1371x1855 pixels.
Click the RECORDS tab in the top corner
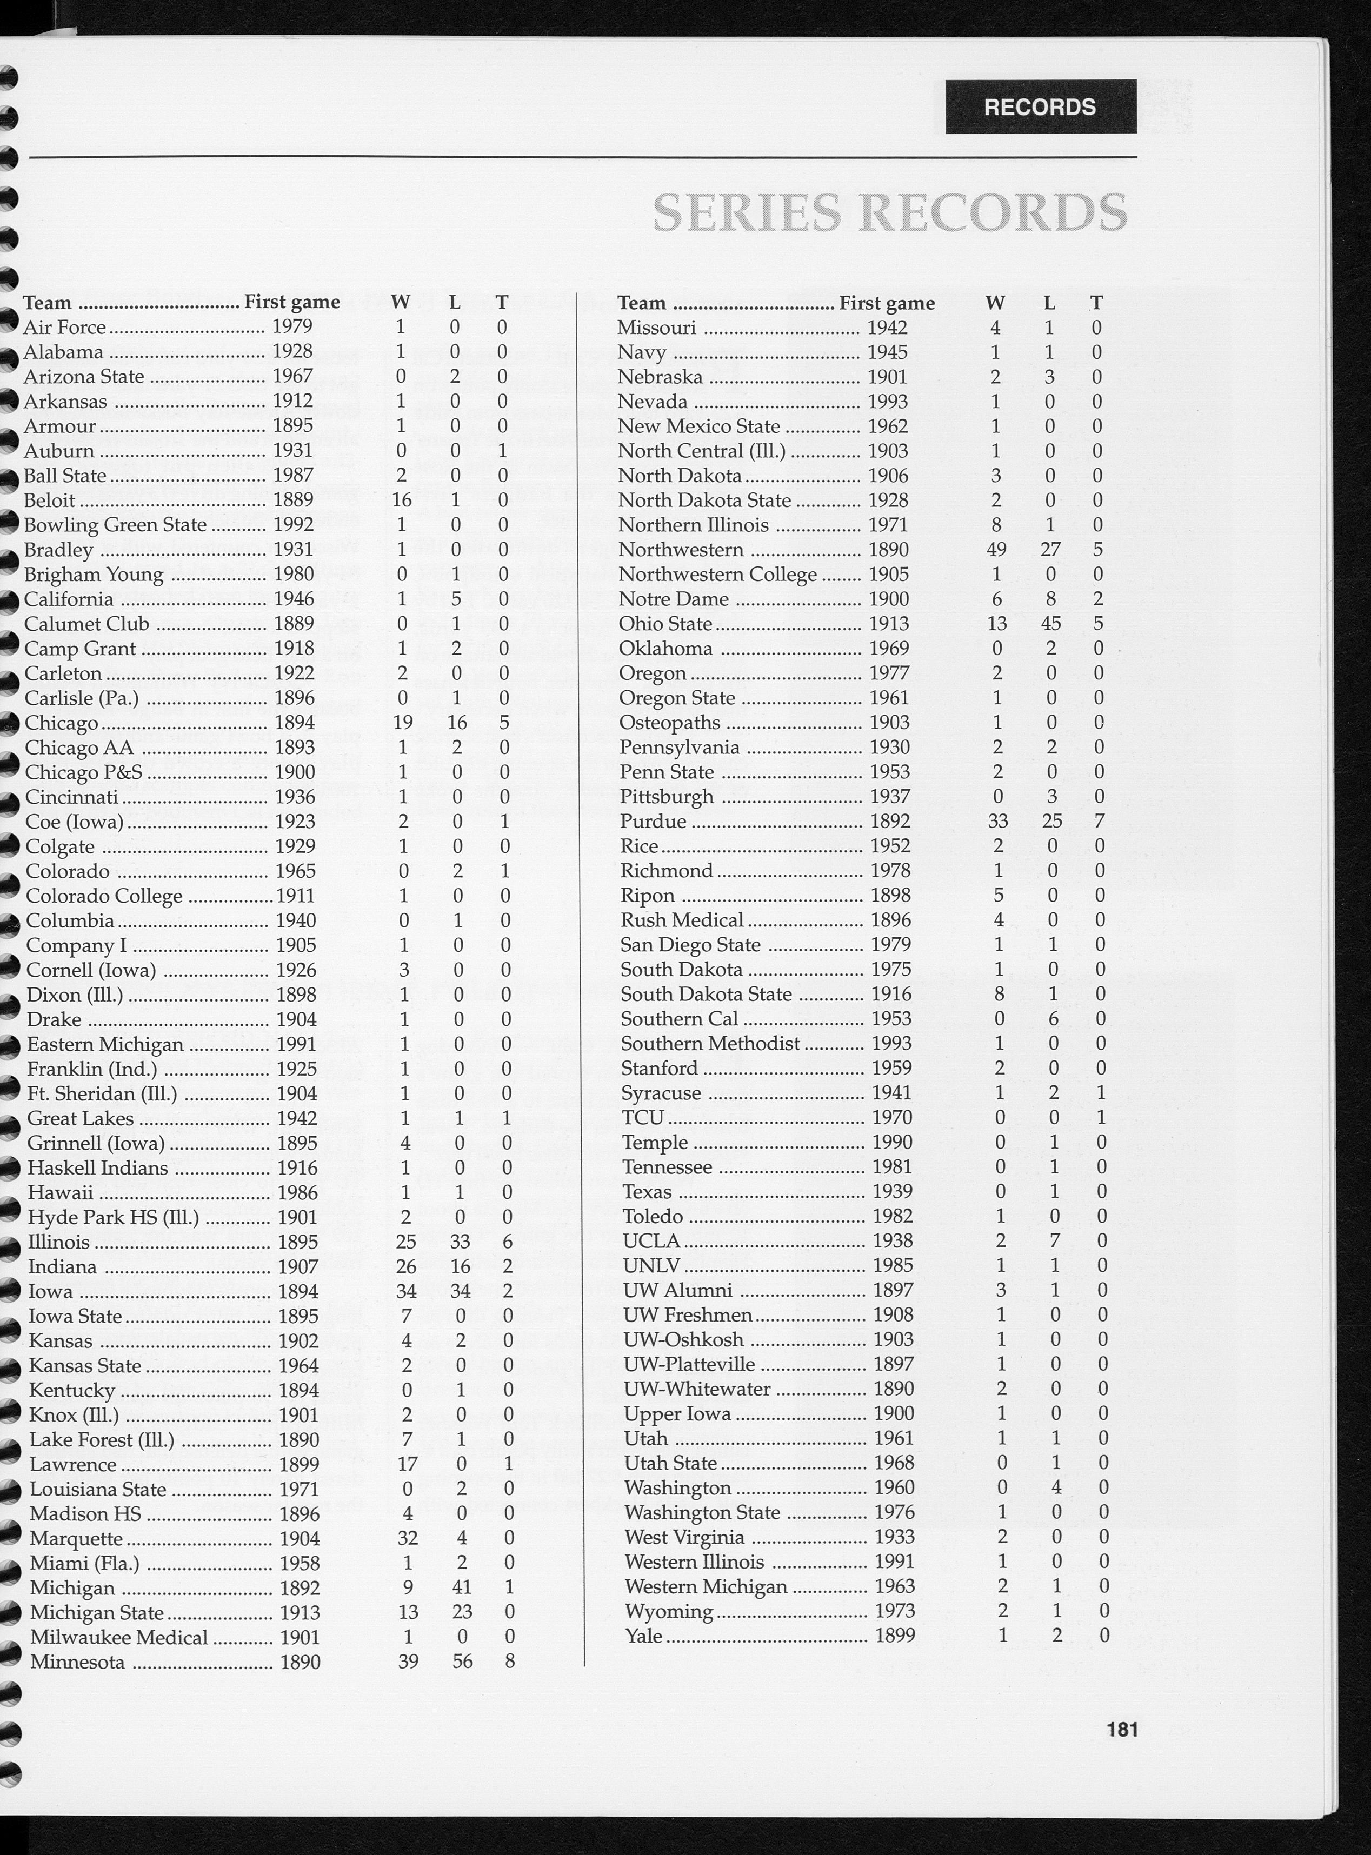[1040, 107]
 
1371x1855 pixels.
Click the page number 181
[1122, 1730]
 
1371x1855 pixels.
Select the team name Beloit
[50, 501]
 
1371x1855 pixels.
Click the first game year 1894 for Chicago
[294, 723]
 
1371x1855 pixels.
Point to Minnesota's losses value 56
[462, 1662]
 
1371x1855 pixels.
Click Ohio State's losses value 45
[1050, 624]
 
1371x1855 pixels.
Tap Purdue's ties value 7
[1099, 822]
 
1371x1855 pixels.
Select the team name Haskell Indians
[97, 1168]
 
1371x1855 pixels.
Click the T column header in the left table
[501, 303]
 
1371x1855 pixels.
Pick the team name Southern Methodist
[710, 1044]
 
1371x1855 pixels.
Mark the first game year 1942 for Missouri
[887, 328]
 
